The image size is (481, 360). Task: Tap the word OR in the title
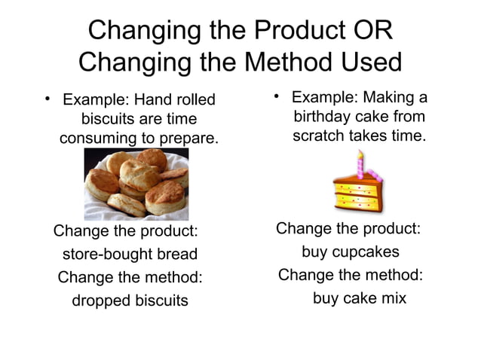[372, 31]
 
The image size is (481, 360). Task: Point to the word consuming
[94, 139]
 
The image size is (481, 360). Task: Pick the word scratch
[319, 137]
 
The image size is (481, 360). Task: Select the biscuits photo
[136, 184]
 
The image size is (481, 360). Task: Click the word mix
[392, 298]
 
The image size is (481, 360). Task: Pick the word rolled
[191, 100]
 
